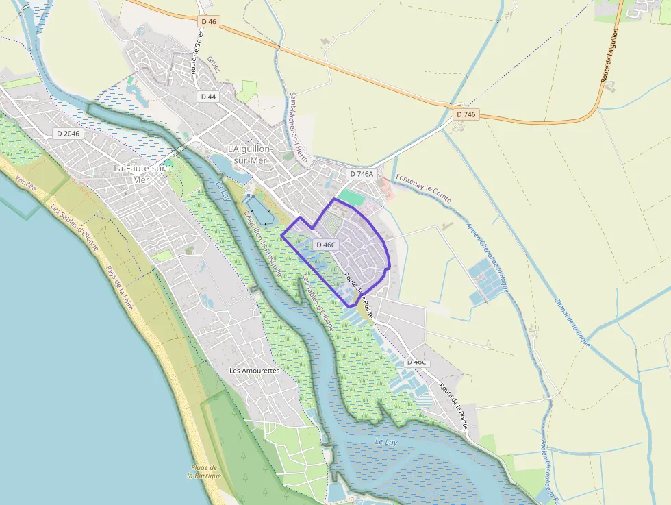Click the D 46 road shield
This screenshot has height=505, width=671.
(209, 21)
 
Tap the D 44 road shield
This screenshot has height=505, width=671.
(208, 97)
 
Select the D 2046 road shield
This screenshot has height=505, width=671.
(68, 134)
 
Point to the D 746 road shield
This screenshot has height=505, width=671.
(465, 114)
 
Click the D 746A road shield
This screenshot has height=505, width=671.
(362, 174)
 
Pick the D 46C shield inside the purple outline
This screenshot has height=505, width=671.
(325, 245)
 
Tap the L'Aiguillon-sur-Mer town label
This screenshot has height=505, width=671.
(250, 154)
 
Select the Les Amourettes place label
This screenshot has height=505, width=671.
(255, 370)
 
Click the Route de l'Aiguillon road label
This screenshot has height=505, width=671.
(611, 55)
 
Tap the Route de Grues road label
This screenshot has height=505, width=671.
(197, 53)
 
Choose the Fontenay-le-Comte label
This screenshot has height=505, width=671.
(423, 188)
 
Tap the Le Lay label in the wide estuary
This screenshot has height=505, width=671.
(386, 442)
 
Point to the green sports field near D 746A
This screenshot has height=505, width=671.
(349, 196)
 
